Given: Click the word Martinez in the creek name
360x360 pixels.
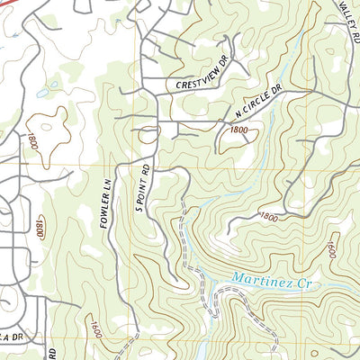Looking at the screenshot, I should (x=258, y=280).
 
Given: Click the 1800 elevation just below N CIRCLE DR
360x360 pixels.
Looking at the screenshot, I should (x=238, y=130).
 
